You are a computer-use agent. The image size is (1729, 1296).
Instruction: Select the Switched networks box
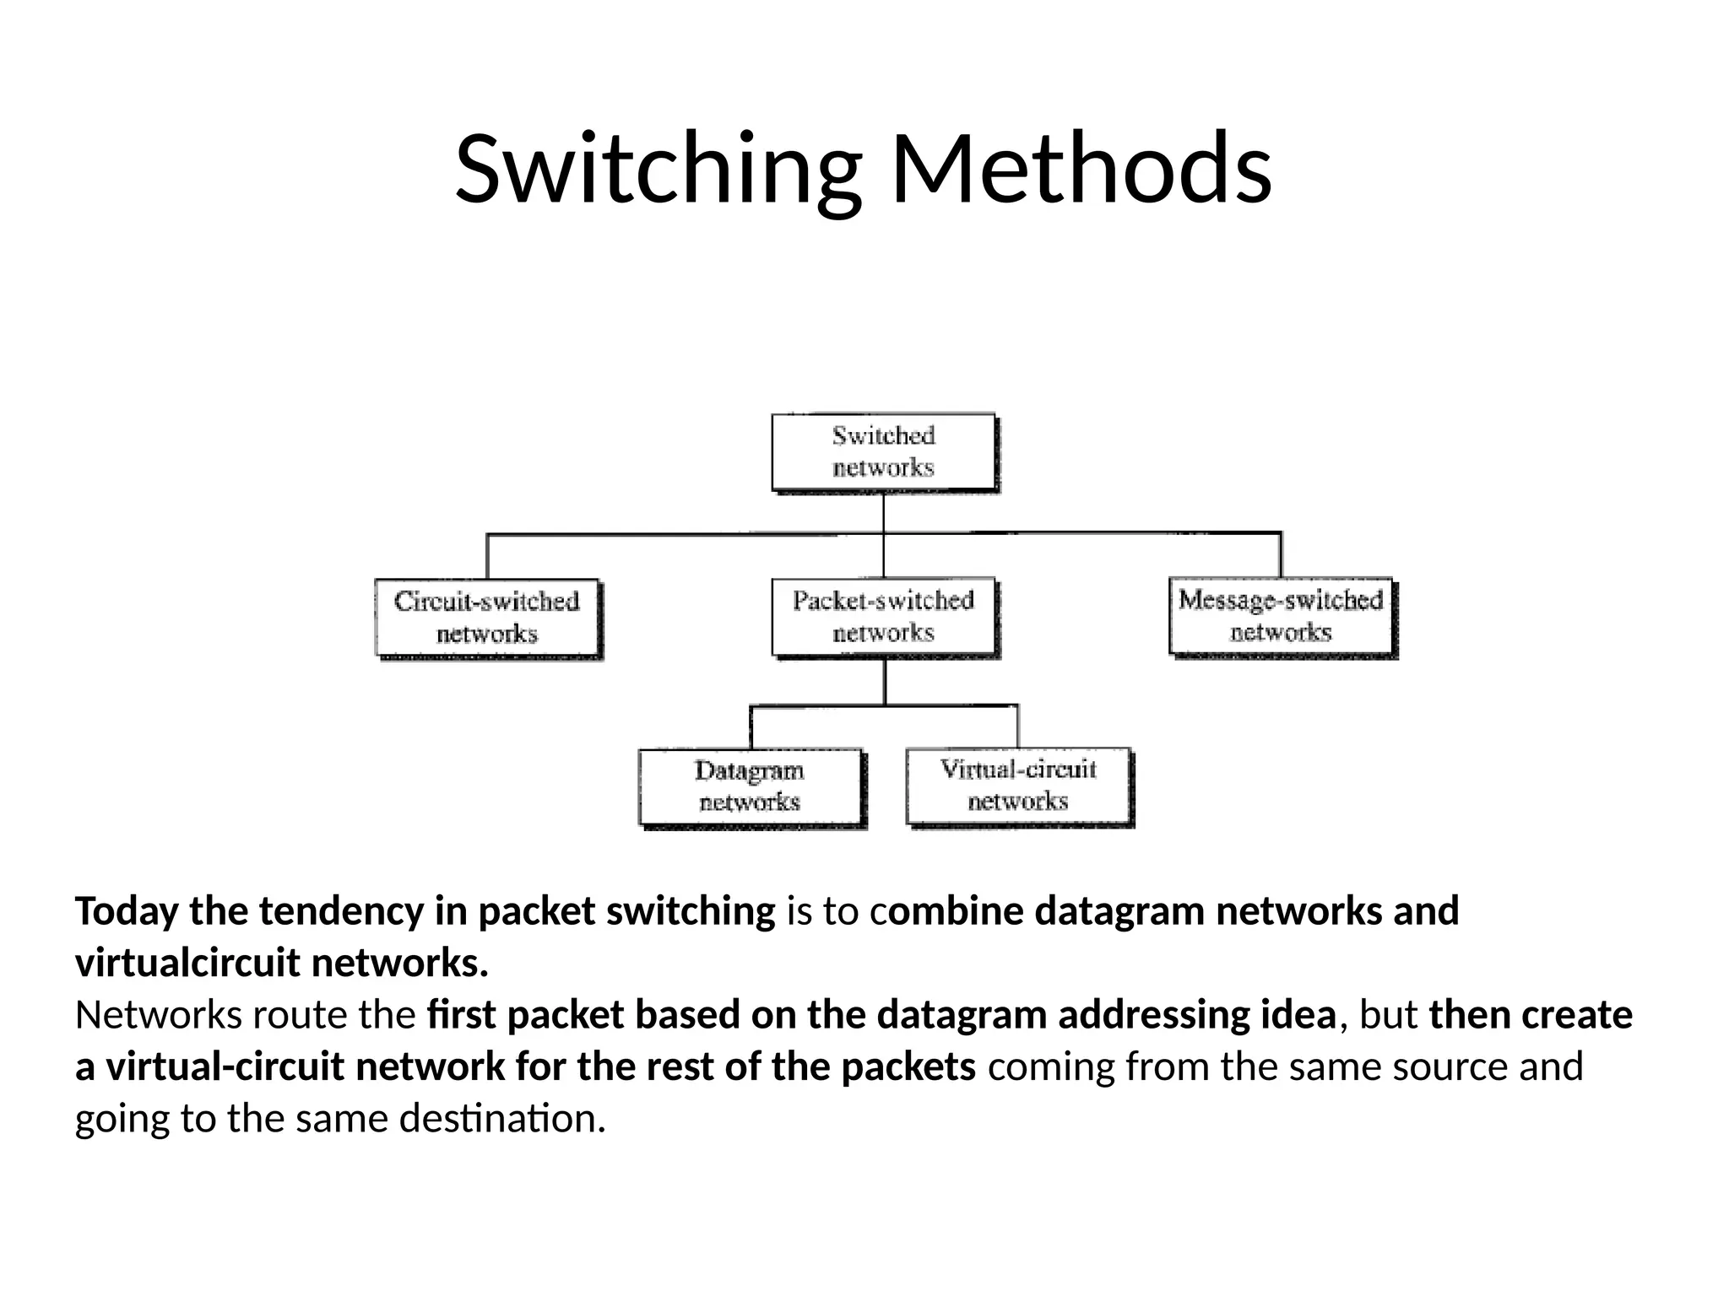884,451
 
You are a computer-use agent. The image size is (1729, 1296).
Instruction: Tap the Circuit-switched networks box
487,618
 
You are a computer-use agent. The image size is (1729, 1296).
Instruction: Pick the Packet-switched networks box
884,617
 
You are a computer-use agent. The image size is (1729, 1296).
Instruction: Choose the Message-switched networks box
1281,616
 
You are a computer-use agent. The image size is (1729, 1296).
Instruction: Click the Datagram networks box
750,786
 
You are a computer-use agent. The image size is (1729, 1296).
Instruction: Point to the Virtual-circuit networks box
1018,785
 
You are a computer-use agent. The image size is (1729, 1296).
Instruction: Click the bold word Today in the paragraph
127,911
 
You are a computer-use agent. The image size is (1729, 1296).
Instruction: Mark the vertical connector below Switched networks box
884,513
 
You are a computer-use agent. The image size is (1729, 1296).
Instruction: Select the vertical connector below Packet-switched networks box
885,682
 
